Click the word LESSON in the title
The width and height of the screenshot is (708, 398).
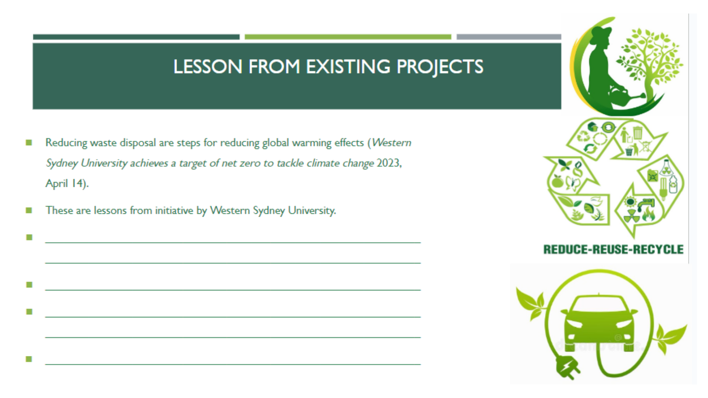coord(208,67)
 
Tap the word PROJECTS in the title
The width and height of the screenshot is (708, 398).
coord(440,67)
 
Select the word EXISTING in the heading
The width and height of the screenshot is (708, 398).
coord(348,67)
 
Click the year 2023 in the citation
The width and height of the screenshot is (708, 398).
coord(388,163)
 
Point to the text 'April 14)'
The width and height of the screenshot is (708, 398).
coord(67,184)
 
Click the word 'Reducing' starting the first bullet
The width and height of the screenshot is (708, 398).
coord(66,143)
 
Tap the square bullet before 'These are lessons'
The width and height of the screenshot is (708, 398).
coord(29,210)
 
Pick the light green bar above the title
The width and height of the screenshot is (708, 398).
coord(348,37)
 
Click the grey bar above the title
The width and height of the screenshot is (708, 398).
coord(509,37)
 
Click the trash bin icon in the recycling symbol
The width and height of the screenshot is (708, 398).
coord(638,132)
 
